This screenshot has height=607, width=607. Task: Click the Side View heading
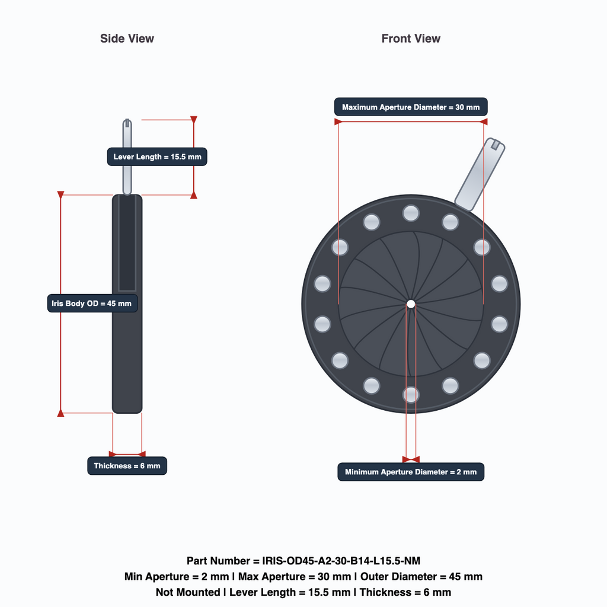[x=127, y=39]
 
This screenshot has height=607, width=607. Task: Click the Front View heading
[x=411, y=39]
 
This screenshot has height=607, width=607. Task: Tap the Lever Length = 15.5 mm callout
[x=157, y=156]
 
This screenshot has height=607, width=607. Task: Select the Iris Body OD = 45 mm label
[x=92, y=303]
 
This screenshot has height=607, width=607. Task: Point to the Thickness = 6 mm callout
[x=127, y=466]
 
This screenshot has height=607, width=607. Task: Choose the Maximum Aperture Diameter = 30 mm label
[x=411, y=107]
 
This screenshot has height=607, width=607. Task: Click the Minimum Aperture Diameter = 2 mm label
[x=411, y=472]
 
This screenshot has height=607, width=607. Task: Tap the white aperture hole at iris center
[x=411, y=304]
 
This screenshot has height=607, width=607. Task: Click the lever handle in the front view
[x=480, y=174]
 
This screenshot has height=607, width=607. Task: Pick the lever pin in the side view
[x=127, y=156]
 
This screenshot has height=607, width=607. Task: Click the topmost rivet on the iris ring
[x=411, y=213]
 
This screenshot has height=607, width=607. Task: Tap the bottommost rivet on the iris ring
[x=411, y=395]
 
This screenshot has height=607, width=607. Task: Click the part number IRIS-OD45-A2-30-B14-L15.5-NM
[x=341, y=561]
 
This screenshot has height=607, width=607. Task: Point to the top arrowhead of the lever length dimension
[x=194, y=119]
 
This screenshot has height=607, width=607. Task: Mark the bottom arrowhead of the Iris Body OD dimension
[x=61, y=413]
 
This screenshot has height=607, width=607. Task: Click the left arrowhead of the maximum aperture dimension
[x=338, y=122]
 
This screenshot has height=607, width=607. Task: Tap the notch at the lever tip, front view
[x=495, y=145]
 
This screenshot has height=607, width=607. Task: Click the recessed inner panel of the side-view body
[x=127, y=243]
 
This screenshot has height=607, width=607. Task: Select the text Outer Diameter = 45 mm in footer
[x=421, y=576]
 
